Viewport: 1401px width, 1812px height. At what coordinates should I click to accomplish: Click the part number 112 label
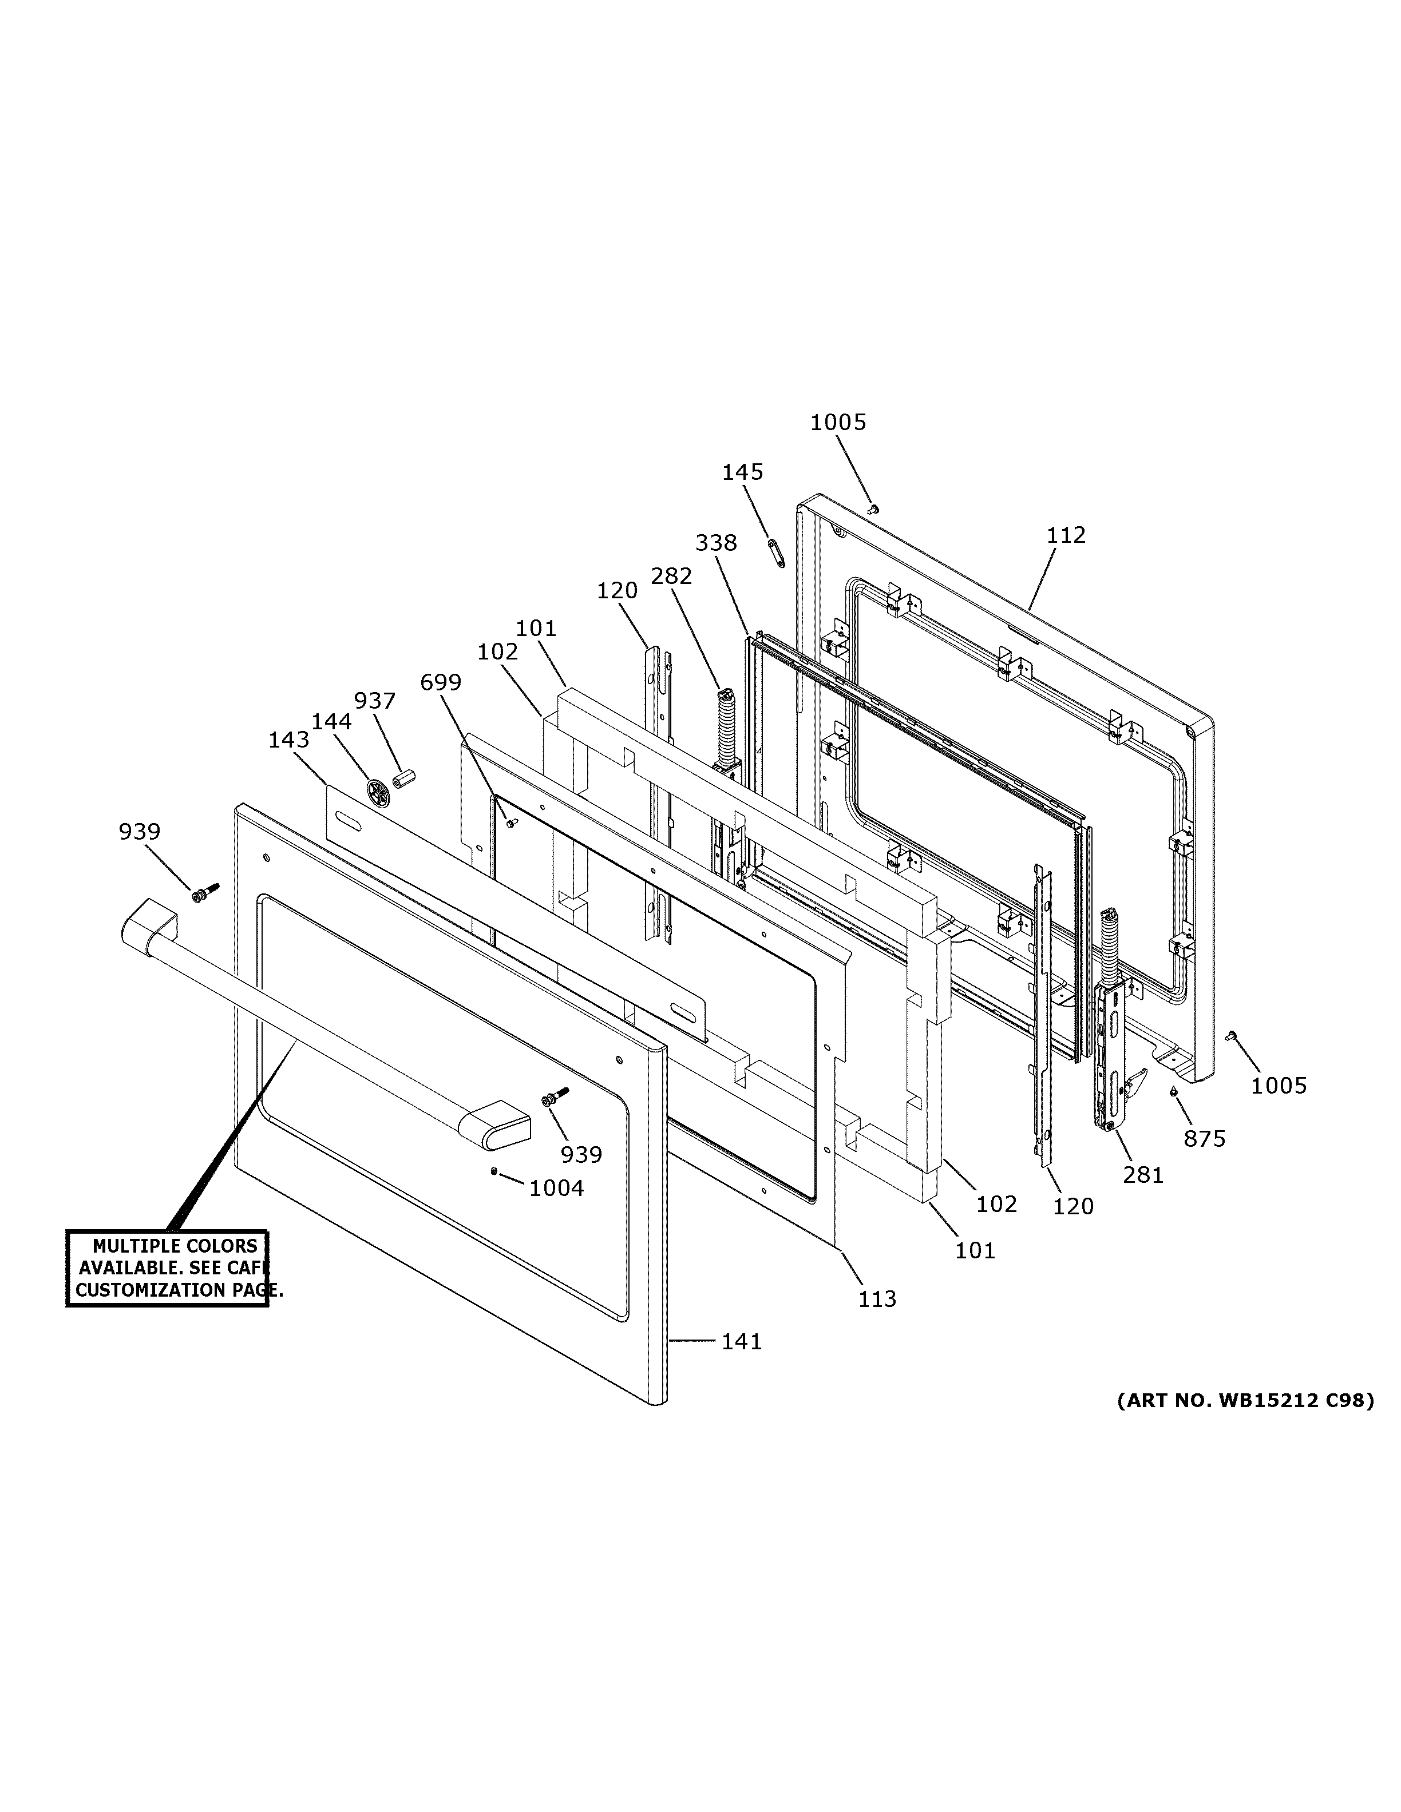pos(1066,535)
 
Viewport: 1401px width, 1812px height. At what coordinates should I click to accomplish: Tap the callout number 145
pos(742,472)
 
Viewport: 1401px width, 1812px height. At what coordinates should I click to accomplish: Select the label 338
pos(715,543)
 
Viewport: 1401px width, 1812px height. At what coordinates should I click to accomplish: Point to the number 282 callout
pos(671,576)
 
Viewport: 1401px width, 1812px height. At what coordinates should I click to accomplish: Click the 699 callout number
pos(440,682)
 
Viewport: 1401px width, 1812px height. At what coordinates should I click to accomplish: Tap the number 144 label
pos(331,722)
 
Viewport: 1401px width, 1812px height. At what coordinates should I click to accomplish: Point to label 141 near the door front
pos(741,1342)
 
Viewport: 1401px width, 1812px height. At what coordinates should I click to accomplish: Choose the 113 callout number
pos(877,1300)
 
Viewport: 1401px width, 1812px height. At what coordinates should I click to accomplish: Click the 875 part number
pos(1204,1139)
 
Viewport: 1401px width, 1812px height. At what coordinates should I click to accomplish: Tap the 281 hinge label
pos(1143,1175)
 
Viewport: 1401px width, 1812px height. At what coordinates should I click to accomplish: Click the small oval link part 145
pos(777,552)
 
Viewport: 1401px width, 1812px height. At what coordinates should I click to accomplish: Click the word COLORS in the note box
pos(219,1246)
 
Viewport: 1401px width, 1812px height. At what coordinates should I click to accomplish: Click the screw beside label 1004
pos(494,1171)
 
